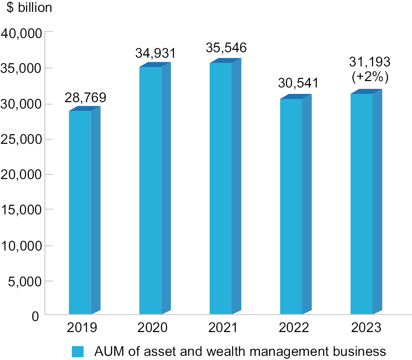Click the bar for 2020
[x=151, y=190]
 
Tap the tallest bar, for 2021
[x=221, y=188]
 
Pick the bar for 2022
[x=292, y=206]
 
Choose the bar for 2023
[x=362, y=204]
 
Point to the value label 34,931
[x=156, y=53]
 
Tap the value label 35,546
[x=227, y=48]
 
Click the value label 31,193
[x=370, y=63]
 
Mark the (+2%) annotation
[x=370, y=77]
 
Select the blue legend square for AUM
[x=78, y=352]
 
